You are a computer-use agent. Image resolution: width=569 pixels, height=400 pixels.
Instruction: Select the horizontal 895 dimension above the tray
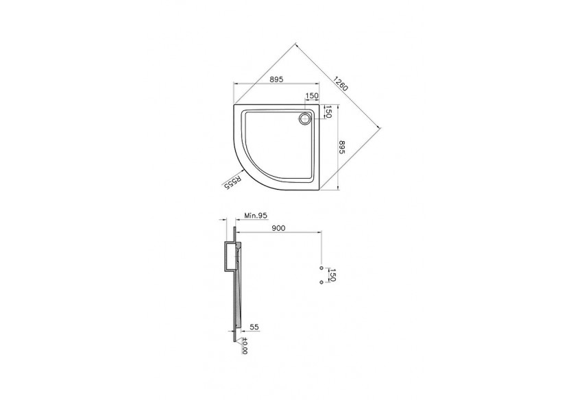click(x=276, y=79)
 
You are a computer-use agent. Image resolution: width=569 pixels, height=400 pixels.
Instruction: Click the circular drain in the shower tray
click(x=304, y=119)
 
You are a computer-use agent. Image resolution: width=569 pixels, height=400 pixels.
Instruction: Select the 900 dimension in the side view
click(x=278, y=228)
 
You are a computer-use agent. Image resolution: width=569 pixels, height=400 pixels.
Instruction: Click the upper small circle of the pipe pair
click(x=320, y=268)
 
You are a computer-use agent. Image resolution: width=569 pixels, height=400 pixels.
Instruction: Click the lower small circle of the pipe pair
click(x=320, y=281)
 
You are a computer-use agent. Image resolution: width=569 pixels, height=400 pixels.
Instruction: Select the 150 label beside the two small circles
click(x=333, y=275)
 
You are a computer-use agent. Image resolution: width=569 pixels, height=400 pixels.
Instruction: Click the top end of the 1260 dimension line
click(x=295, y=44)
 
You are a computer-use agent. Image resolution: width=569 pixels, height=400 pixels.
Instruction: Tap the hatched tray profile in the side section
click(x=237, y=301)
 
